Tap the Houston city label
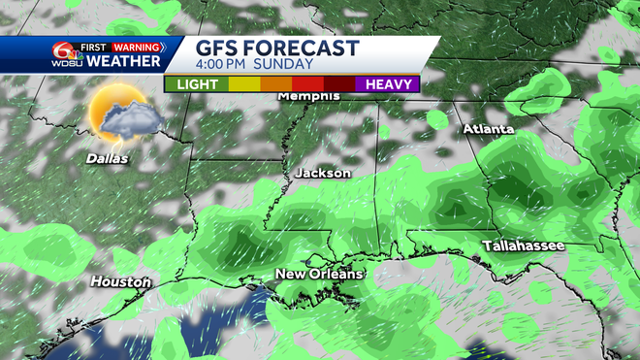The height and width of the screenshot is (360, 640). pyautogui.click(x=120, y=282)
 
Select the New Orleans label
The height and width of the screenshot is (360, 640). pyautogui.click(x=320, y=275)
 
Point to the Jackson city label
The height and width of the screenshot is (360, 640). pyautogui.click(x=322, y=173)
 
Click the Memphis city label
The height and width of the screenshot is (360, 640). pyautogui.click(x=308, y=96)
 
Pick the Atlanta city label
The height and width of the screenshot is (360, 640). pyautogui.click(x=489, y=129)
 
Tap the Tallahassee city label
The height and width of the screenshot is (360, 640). pyautogui.click(x=524, y=246)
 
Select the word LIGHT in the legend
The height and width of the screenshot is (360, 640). pyautogui.click(x=198, y=84)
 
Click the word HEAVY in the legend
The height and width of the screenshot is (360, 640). pyautogui.click(x=387, y=84)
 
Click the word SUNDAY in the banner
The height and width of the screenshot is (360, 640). pyautogui.click(x=287, y=65)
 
